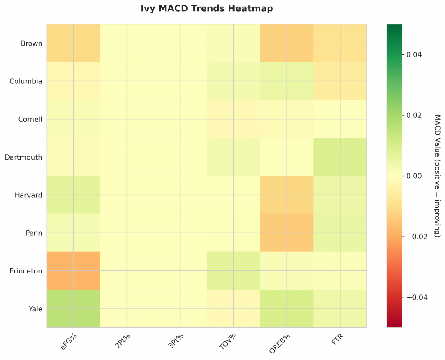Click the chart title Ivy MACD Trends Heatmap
[x=206, y=9]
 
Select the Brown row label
[x=31, y=43]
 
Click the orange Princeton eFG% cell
[x=73, y=270]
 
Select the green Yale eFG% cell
[x=73, y=309]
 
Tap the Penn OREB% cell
[x=286, y=233]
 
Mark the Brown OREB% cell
[x=286, y=43]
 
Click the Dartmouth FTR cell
[x=340, y=157]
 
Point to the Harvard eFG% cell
[x=73, y=195]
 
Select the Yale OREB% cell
[x=286, y=309]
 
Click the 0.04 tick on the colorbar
[x=413, y=54]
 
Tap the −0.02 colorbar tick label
[x=415, y=237]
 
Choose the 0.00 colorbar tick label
[x=414, y=176]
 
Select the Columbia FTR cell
[x=340, y=81]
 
